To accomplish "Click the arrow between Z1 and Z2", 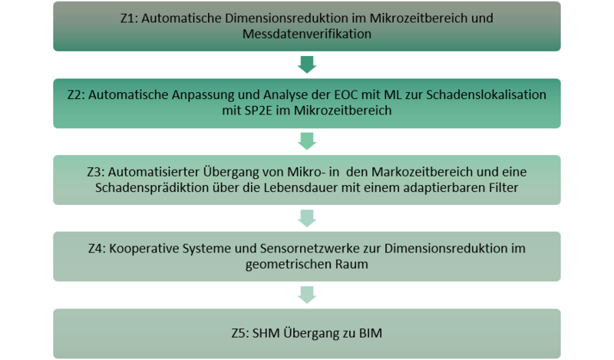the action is tap(306, 64).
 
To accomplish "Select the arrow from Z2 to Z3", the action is tap(306, 141).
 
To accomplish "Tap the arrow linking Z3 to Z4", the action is tap(306, 218).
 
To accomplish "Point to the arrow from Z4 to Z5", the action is tap(306, 295).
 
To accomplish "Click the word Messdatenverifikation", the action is tap(306, 34).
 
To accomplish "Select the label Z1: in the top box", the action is tap(129, 18).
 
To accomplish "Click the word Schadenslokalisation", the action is tap(486, 95).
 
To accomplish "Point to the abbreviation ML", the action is tap(393, 95).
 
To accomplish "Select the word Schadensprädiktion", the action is tap(152, 187).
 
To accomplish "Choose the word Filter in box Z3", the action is tap(503, 187).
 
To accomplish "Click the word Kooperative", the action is tap(144, 249).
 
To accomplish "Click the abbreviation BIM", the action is tap(371, 333).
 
